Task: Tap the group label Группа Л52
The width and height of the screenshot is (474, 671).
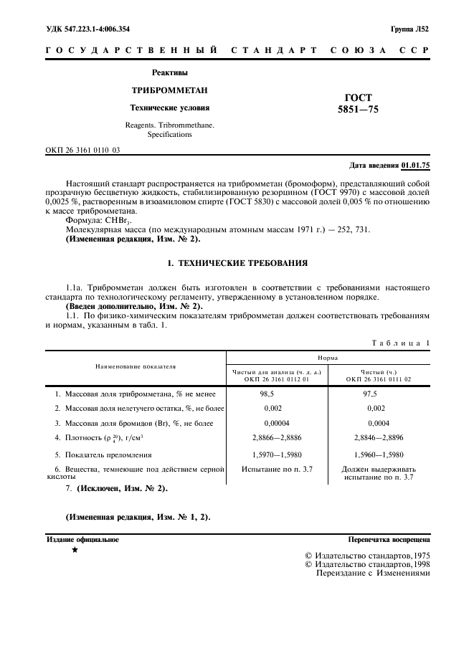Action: pyautogui.click(x=409, y=29)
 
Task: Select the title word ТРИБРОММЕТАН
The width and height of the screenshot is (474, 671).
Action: pyautogui.click(x=169, y=90)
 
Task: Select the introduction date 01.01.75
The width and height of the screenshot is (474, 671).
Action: pyautogui.click(x=415, y=165)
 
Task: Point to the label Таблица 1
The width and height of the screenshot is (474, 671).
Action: pyautogui.click(x=400, y=343)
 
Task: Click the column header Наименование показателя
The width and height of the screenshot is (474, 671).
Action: pyautogui.click(x=136, y=366)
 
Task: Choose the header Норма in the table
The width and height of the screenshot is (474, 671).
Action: pyautogui.click(x=328, y=356)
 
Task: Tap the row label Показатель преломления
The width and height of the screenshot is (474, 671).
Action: pyautogui.click(x=108, y=455)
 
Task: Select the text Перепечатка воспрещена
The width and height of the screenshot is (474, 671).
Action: pyautogui.click(x=389, y=539)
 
